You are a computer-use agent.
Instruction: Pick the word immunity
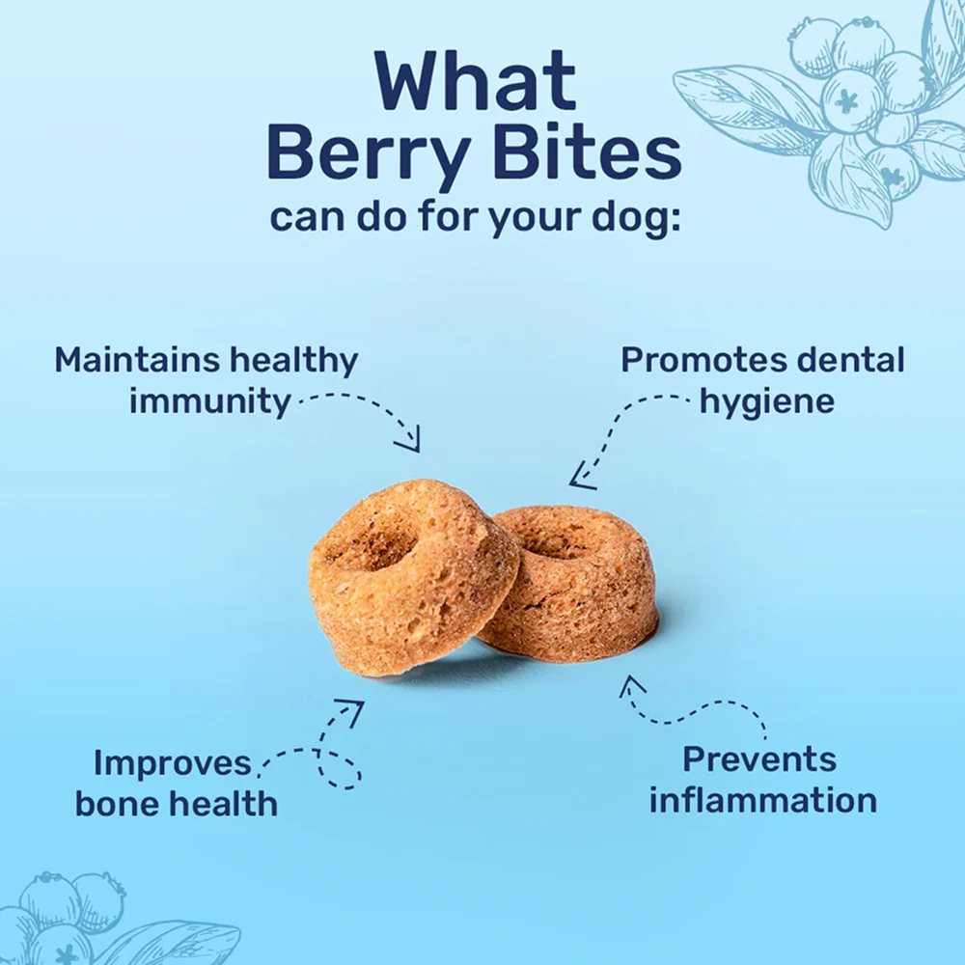coord(210,400)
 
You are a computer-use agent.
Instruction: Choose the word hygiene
coord(767,400)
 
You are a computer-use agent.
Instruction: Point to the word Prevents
coord(758,759)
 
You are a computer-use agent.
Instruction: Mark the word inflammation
coord(762,800)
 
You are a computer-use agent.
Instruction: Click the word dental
coord(849,360)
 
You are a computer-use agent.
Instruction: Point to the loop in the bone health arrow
coord(343,773)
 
